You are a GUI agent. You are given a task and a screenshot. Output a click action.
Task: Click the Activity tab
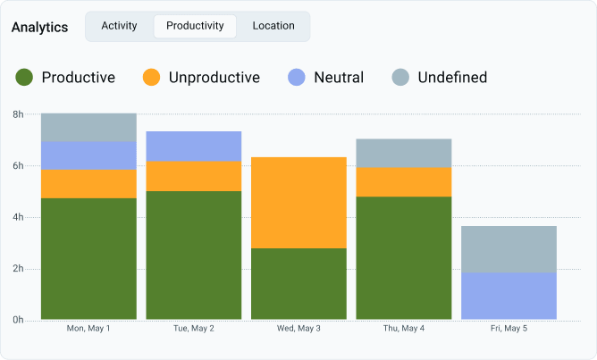119,26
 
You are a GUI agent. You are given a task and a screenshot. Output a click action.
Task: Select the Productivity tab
195,26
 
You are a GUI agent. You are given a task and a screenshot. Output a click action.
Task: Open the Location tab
273,26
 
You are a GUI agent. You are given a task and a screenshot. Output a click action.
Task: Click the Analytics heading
39,28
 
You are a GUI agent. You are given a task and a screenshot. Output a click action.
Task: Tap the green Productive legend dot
24,77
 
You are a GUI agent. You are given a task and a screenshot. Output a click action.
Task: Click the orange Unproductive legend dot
151,77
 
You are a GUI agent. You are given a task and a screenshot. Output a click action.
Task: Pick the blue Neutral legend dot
296,77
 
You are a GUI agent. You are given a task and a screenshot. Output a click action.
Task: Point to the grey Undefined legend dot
400,77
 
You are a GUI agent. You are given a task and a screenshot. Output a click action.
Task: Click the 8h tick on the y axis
18,114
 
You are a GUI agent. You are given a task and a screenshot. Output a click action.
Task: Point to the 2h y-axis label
18,269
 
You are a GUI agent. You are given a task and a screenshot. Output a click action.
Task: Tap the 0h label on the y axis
18,320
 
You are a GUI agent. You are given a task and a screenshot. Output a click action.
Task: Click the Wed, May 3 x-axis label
298,329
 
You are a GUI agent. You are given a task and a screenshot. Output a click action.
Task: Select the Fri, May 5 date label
509,329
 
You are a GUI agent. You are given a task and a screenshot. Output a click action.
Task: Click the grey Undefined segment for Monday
88,128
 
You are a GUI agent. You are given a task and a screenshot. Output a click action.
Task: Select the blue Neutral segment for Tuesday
194,147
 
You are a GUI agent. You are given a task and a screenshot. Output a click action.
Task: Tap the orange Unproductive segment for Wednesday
298,203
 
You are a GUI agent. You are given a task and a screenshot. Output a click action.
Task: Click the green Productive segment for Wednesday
298,284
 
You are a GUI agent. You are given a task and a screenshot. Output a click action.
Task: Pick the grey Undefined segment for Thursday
404,154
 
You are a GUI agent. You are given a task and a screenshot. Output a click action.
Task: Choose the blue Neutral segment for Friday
509,296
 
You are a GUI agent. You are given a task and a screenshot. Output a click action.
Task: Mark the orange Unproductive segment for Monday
88,184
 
